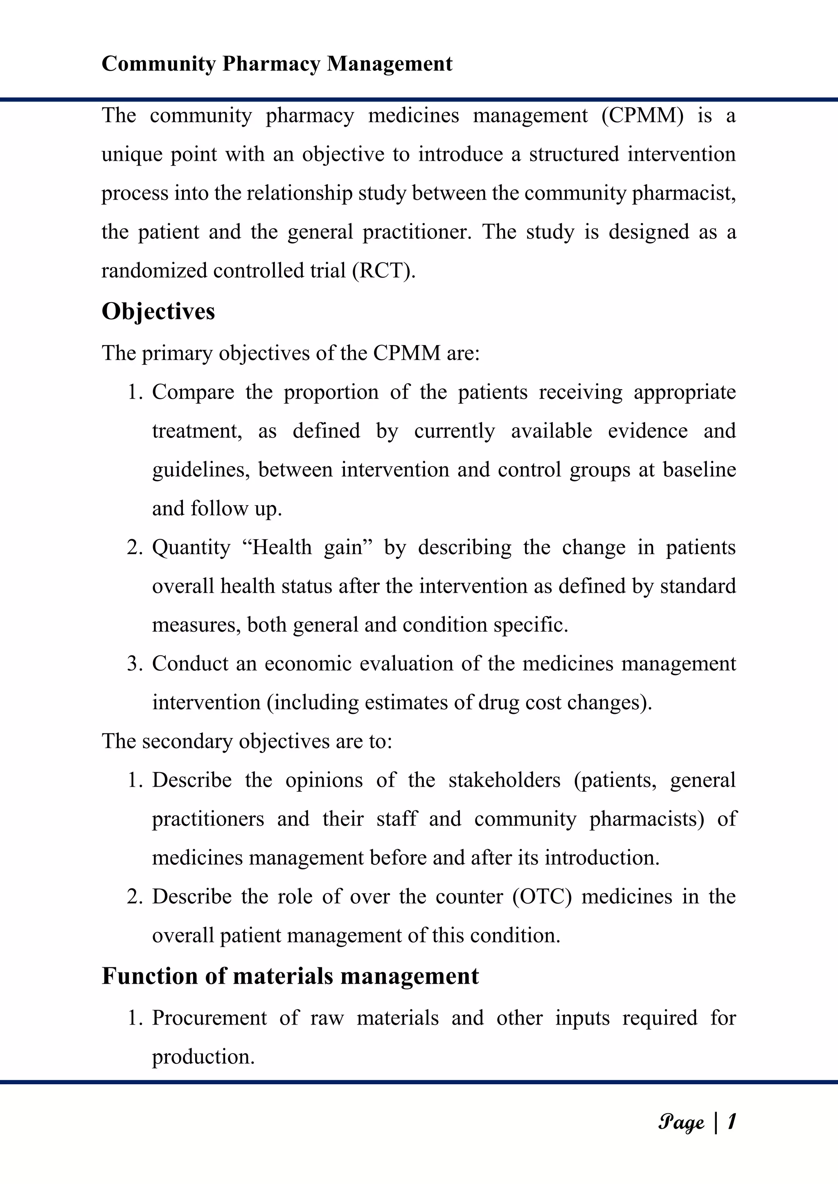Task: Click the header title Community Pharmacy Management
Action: click(x=277, y=64)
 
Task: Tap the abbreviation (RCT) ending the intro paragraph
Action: click(x=383, y=271)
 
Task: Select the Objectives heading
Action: click(x=158, y=312)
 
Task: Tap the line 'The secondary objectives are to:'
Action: click(x=247, y=742)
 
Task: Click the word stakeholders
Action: click(x=504, y=780)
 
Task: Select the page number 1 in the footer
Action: click(x=731, y=1121)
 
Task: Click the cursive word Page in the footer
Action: click(x=681, y=1123)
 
